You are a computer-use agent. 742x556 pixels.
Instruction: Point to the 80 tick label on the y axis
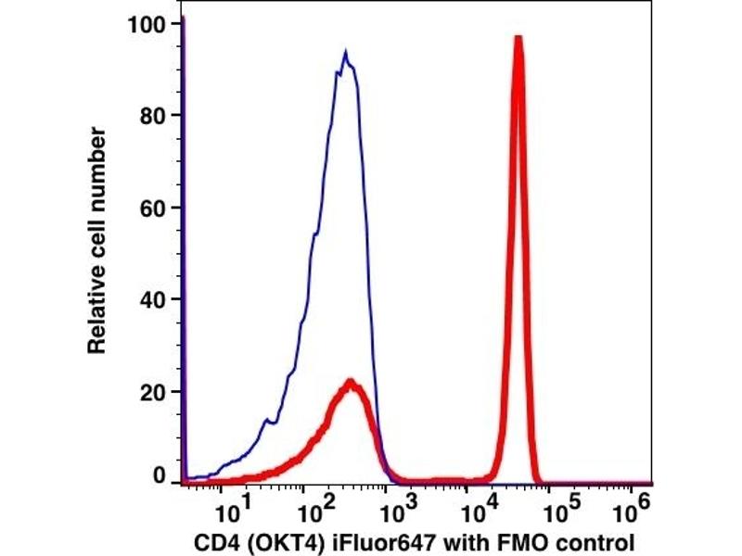pyautogui.click(x=152, y=116)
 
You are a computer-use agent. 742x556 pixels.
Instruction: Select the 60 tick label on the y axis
pyautogui.click(x=152, y=207)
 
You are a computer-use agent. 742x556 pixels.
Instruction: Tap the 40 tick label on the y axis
pyautogui.click(x=152, y=298)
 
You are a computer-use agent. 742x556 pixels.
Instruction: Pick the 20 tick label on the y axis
pyautogui.click(x=152, y=390)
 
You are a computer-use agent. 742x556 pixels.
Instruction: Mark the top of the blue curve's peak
pyautogui.click(x=345, y=53)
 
